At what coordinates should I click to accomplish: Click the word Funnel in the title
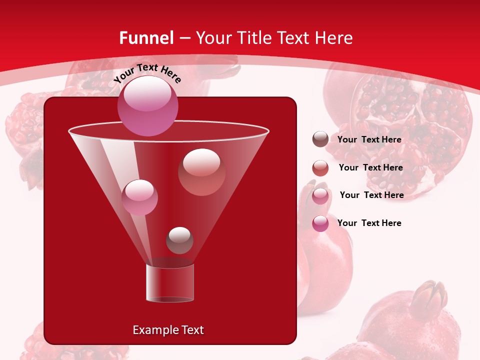146,38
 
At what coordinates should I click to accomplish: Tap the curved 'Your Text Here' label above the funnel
147,73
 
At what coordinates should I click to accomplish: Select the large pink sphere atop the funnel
148,106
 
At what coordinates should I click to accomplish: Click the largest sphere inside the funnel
202,172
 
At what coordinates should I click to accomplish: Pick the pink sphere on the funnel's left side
139,197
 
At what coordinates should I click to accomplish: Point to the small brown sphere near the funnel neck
179,240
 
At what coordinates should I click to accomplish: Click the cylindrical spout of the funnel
170,283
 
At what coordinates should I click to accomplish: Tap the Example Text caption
168,330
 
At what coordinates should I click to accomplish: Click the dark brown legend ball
320,139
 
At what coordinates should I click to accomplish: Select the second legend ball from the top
320,168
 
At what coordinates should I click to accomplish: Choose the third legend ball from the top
320,196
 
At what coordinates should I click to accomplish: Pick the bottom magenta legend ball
320,223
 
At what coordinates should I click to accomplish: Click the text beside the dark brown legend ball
369,139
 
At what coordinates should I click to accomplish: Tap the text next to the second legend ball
370,167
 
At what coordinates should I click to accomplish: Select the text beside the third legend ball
371,195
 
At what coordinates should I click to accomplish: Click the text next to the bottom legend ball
369,223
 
